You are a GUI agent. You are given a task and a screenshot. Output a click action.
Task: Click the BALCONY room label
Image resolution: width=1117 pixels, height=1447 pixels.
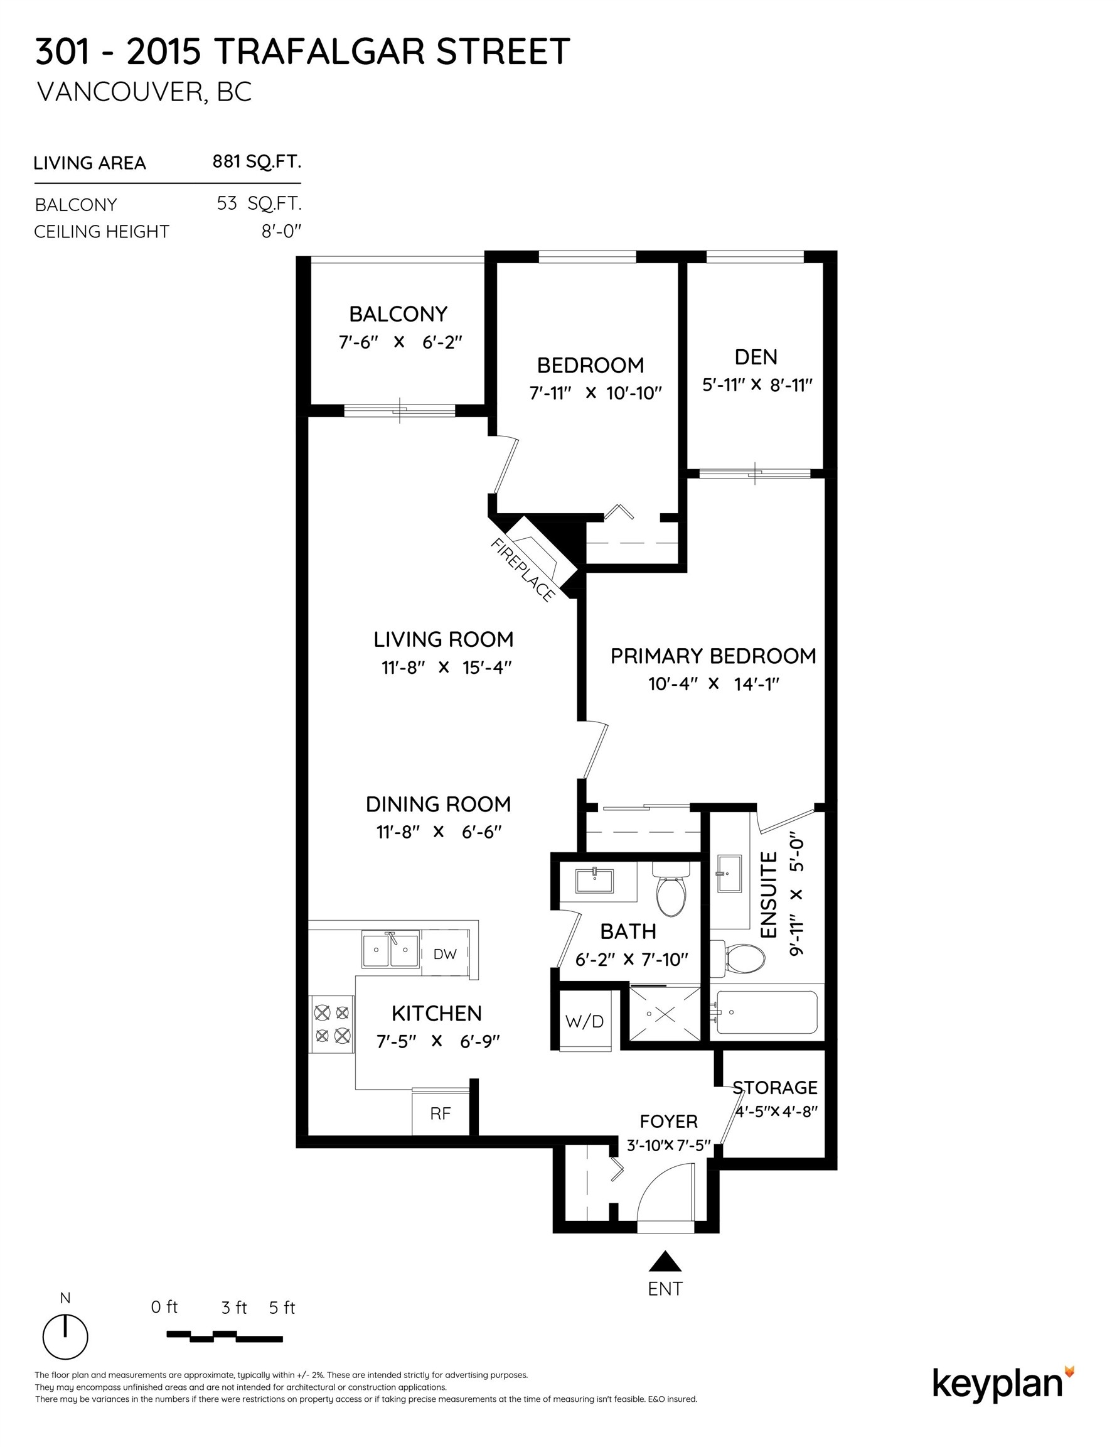point(398,314)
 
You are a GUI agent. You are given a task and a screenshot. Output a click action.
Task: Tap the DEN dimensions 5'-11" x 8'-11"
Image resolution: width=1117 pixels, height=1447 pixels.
point(757,385)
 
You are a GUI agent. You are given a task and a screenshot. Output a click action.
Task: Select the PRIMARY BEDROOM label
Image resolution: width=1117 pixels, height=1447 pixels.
point(712,656)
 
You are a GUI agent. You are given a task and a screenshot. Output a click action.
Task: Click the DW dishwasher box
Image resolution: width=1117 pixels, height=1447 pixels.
point(445,954)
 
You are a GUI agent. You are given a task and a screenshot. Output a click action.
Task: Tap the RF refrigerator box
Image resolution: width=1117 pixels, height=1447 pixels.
point(441,1114)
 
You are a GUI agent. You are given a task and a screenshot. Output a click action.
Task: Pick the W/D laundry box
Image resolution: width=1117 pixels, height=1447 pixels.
point(584,1021)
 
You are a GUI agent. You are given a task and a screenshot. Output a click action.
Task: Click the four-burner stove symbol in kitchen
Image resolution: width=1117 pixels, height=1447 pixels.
point(333,1024)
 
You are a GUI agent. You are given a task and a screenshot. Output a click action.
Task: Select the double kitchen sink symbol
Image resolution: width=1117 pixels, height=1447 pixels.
point(390,950)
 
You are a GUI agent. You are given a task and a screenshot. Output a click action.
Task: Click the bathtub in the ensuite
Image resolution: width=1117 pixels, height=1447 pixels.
point(766,1012)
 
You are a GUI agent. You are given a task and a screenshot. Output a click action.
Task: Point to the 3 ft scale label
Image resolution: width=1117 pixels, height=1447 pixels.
point(233,1308)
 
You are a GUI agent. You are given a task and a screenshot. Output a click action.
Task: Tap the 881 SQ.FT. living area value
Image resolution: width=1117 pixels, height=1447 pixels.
point(256,161)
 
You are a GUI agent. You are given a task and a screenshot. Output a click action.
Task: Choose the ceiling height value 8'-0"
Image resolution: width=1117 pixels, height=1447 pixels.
point(281,231)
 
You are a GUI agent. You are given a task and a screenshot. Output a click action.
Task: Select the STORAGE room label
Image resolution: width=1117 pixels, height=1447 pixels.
point(774,1088)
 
